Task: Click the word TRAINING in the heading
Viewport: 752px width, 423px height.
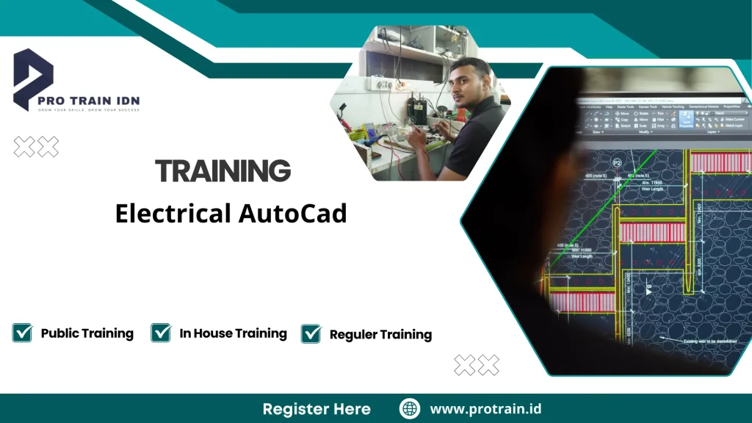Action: click(223, 171)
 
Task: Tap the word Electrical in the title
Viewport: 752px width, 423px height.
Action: click(173, 214)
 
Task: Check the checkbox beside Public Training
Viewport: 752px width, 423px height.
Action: click(23, 333)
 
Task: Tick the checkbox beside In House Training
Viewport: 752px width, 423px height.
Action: click(161, 333)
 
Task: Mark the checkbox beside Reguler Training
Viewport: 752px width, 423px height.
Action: click(311, 334)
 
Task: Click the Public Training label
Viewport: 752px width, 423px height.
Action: click(87, 333)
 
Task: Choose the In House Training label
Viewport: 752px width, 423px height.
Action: click(233, 333)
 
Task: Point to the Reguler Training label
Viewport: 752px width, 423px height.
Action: click(380, 335)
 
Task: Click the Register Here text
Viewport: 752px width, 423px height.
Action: click(317, 409)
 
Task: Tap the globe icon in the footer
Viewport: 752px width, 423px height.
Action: click(409, 408)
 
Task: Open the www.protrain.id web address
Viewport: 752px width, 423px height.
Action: click(485, 409)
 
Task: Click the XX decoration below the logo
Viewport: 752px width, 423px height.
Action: click(36, 147)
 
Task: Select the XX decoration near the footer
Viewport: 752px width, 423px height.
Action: click(477, 364)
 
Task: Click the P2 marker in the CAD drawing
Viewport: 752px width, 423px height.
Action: click(617, 162)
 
